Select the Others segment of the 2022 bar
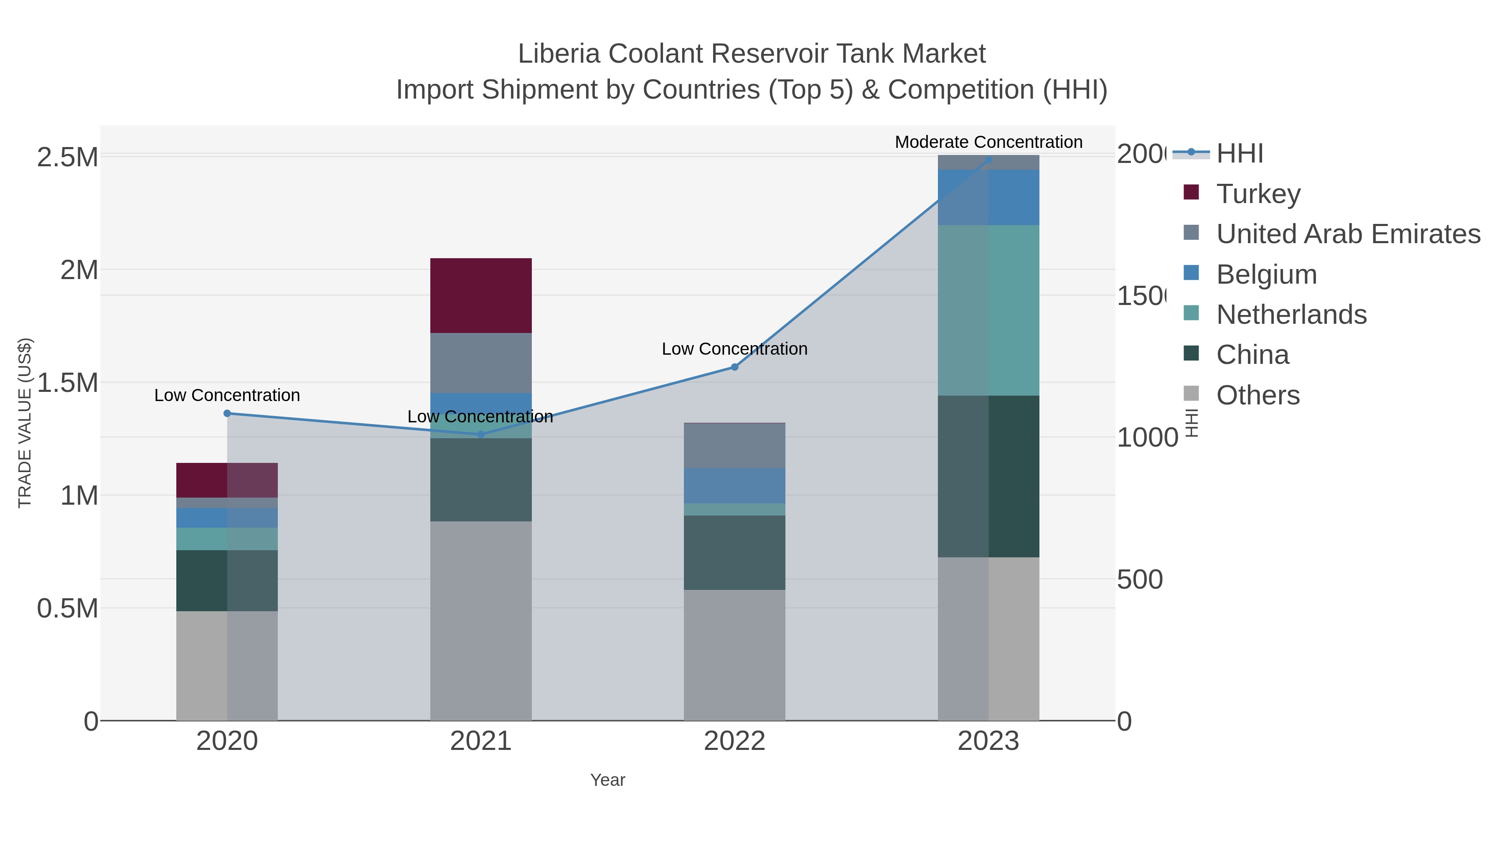pos(734,655)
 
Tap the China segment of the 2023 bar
pos(988,476)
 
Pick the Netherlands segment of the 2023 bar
pos(988,310)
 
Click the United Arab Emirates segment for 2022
pos(734,445)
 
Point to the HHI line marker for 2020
pos(227,413)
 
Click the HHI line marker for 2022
pos(734,367)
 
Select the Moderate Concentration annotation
pos(988,142)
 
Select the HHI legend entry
pos(1239,154)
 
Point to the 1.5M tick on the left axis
pos(67,383)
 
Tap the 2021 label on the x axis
pos(480,741)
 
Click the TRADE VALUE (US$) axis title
pos(25,423)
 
